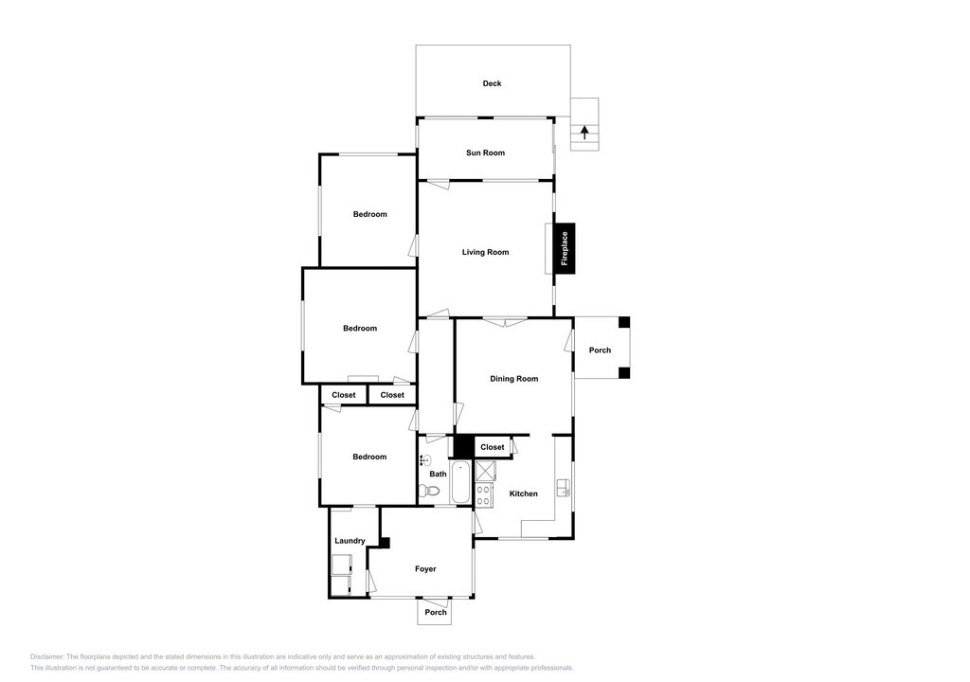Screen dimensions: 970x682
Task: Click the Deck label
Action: (x=492, y=83)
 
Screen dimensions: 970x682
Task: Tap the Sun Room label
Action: (x=485, y=153)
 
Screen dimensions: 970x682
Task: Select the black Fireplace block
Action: (x=565, y=248)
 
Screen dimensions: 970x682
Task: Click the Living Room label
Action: (x=485, y=252)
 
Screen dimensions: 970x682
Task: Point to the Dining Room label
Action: (x=514, y=379)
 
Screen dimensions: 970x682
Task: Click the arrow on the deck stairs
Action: (x=584, y=133)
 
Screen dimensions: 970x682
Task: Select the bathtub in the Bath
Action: (x=460, y=482)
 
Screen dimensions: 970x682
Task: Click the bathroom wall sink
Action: (x=423, y=459)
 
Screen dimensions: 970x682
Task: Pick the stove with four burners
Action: (x=484, y=494)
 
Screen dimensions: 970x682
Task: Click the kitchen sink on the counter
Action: (x=564, y=488)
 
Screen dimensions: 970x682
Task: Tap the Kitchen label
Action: (x=523, y=494)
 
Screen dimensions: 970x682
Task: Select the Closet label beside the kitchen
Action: (x=493, y=447)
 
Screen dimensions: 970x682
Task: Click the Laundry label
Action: (x=350, y=541)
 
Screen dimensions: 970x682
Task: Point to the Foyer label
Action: (x=425, y=568)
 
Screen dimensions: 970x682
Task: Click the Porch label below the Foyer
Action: (x=436, y=613)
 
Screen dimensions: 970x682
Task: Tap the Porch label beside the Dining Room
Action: (x=600, y=350)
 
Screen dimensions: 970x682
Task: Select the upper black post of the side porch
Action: (x=624, y=322)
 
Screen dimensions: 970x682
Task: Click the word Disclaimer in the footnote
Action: (x=47, y=656)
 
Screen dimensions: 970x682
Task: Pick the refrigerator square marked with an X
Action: (x=484, y=471)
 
